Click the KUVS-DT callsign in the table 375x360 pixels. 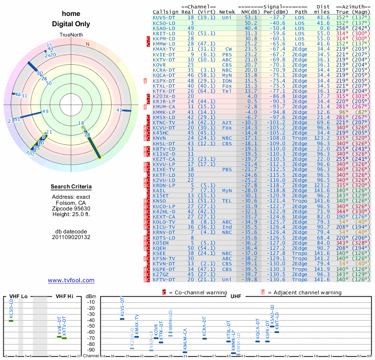pyautogui.click(x=164, y=17)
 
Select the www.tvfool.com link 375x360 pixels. pyautogui.click(x=71, y=280)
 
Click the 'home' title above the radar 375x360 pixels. pyautogui.click(x=71, y=14)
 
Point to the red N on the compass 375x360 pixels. pyautogui.click(x=88, y=45)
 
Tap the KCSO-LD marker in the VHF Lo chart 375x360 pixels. pyautogui.click(x=11, y=320)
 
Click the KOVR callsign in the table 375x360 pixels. pyautogui.click(x=159, y=64)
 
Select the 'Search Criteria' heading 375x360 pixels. pyautogui.click(x=71, y=187)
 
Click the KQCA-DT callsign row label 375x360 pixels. pyautogui.click(x=164, y=75)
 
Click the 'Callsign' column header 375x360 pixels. pyautogui.click(x=165, y=11)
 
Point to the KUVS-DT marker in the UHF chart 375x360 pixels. pyautogui.click(x=122, y=319)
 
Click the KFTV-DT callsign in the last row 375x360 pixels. pyautogui.click(x=164, y=280)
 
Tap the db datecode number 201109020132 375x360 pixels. pyautogui.click(x=71, y=237)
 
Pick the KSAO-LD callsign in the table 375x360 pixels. pyautogui.click(x=164, y=28)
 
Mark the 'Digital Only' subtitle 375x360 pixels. pyautogui.click(x=71, y=24)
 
